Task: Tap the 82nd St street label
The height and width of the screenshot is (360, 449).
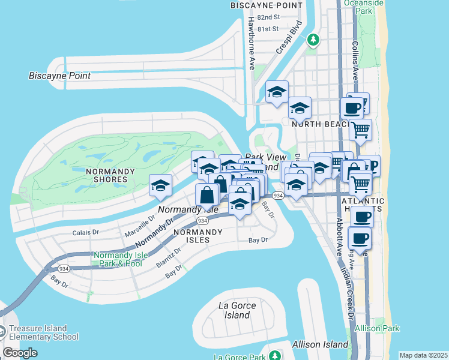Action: pos(268,18)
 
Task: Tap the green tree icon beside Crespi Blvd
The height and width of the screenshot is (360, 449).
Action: pos(312,40)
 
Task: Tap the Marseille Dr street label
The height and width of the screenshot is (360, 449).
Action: pos(139,226)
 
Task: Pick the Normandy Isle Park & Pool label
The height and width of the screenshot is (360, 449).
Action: pos(118,259)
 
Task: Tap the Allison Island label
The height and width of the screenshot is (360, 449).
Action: pos(320,344)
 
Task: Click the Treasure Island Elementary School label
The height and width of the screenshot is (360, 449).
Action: pos(43,332)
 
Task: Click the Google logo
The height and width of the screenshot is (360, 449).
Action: pos(20,353)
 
